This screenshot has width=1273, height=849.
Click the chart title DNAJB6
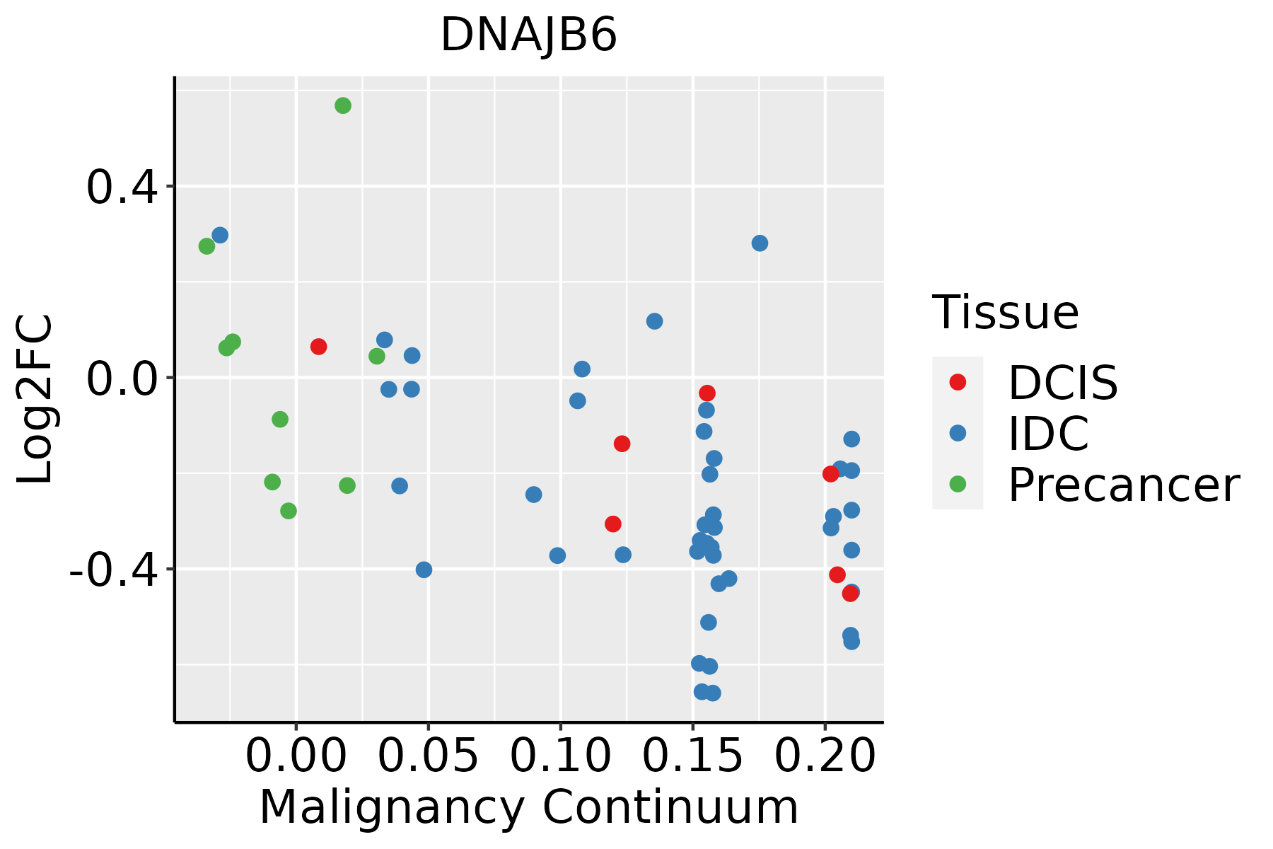528,35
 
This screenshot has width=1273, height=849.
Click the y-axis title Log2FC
35,399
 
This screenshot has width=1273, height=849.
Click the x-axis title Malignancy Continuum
528,807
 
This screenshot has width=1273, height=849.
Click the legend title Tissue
1005,312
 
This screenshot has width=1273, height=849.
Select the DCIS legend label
1062,383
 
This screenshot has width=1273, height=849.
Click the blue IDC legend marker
958,433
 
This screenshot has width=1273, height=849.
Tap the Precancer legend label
1123,485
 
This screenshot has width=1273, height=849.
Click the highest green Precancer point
343,105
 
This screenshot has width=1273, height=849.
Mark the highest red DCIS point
318,347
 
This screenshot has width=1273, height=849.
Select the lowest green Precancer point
289,511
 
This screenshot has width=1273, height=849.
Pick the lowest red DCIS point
850,594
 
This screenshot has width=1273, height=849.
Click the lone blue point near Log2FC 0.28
760,243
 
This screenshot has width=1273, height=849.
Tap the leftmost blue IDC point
220,235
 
